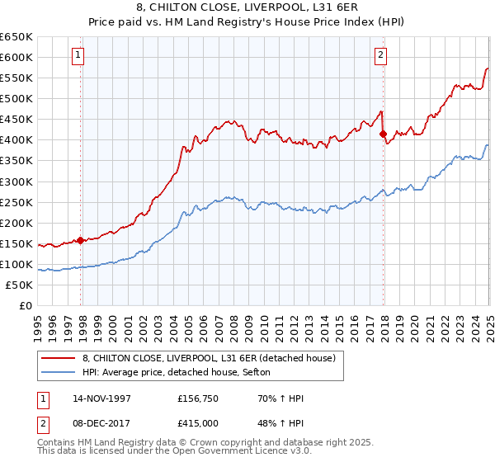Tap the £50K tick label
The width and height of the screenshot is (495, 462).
point(20,285)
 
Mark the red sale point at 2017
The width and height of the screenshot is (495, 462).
point(383,134)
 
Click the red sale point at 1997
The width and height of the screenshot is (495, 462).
point(81,240)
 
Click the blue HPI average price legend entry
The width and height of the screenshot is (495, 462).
point(181,373)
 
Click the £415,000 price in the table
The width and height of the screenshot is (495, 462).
point(198,423)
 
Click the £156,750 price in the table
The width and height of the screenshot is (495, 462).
point(198,399)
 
